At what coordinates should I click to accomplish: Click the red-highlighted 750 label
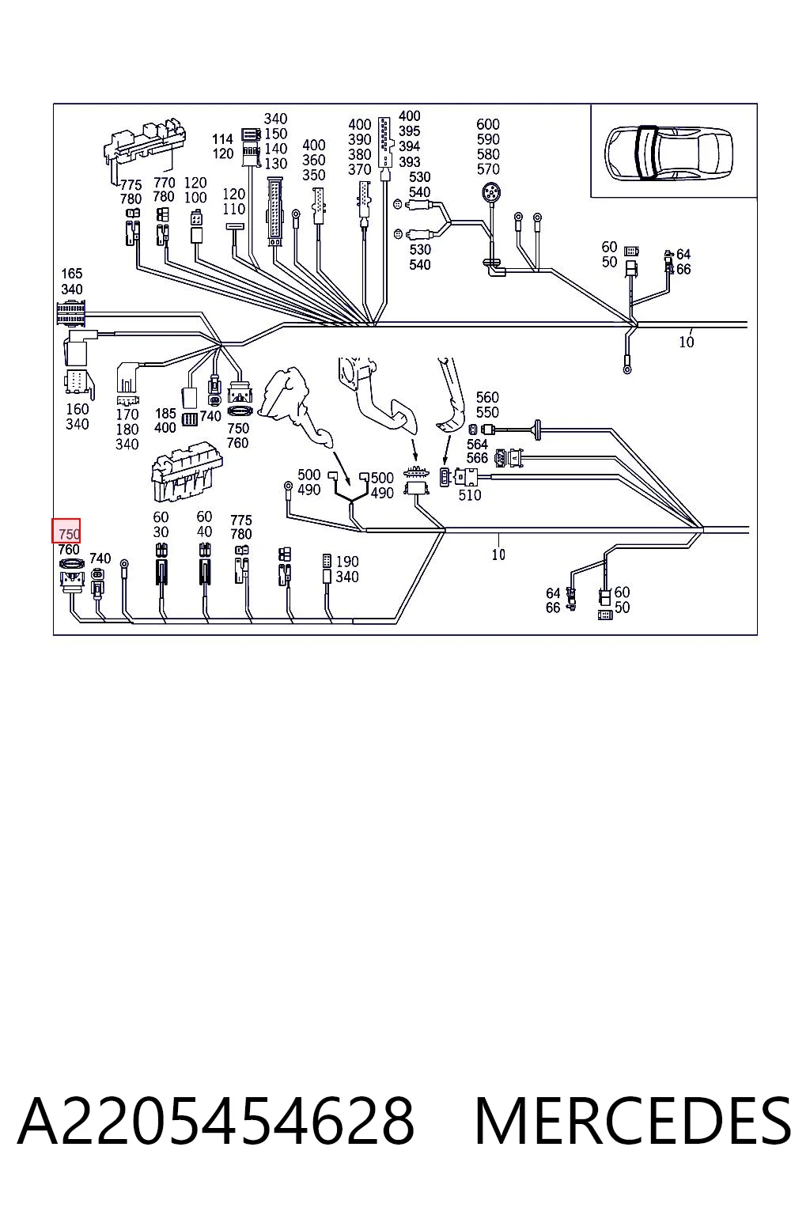(x=66, y=531)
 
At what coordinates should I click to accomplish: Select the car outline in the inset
(x=668, y=153)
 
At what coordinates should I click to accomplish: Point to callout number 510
(x=469, y=494)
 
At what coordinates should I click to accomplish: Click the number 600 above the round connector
(x=488, y=124)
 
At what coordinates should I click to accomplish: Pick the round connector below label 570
(x=491, y=192)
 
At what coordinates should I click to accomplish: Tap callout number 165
(x=72, y=274)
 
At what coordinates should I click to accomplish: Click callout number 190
(x=347, y=562)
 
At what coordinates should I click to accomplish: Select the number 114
(x=222, y=139)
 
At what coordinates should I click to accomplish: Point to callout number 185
(x=165, y=414)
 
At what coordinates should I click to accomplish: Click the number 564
(x=477, y=444)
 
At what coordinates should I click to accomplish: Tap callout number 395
(x=409, y=131)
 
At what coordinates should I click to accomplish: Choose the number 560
(x=487, y=397)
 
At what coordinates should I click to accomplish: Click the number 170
(x=127, y=414)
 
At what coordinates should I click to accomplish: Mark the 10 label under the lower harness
(x=498, y=555)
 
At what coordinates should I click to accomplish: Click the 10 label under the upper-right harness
(x=687, y=342)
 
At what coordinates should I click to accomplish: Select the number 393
(x=409, y=161)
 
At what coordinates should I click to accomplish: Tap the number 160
(x=77, y=409)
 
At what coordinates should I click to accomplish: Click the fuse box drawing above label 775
(x=144, y=142)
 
